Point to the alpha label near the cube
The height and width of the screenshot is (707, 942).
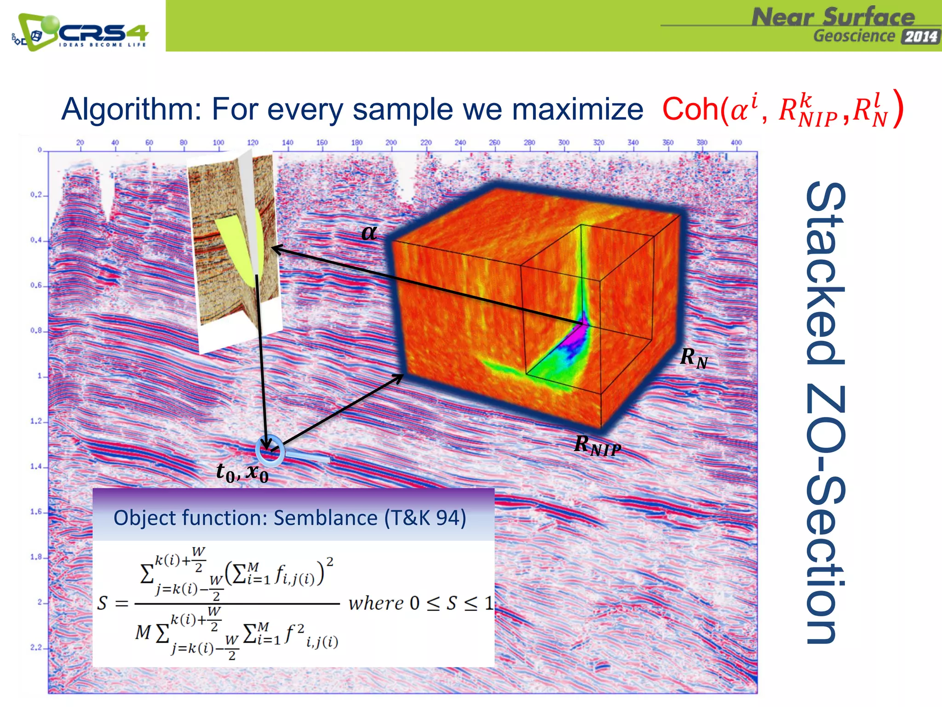pos(369,232)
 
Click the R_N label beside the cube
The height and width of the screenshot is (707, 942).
pos(694,358)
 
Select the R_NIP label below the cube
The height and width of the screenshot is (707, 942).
pos(597,446)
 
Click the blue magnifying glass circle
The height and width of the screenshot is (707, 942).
pos(270,450)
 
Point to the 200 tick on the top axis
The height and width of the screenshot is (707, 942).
pos(391,143)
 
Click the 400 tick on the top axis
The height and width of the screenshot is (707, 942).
pos(736,143)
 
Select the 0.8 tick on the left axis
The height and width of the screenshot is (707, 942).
pos(36,330)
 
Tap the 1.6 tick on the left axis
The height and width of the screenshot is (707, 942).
pos(36,512)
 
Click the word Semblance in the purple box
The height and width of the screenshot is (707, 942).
pos(325,518)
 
